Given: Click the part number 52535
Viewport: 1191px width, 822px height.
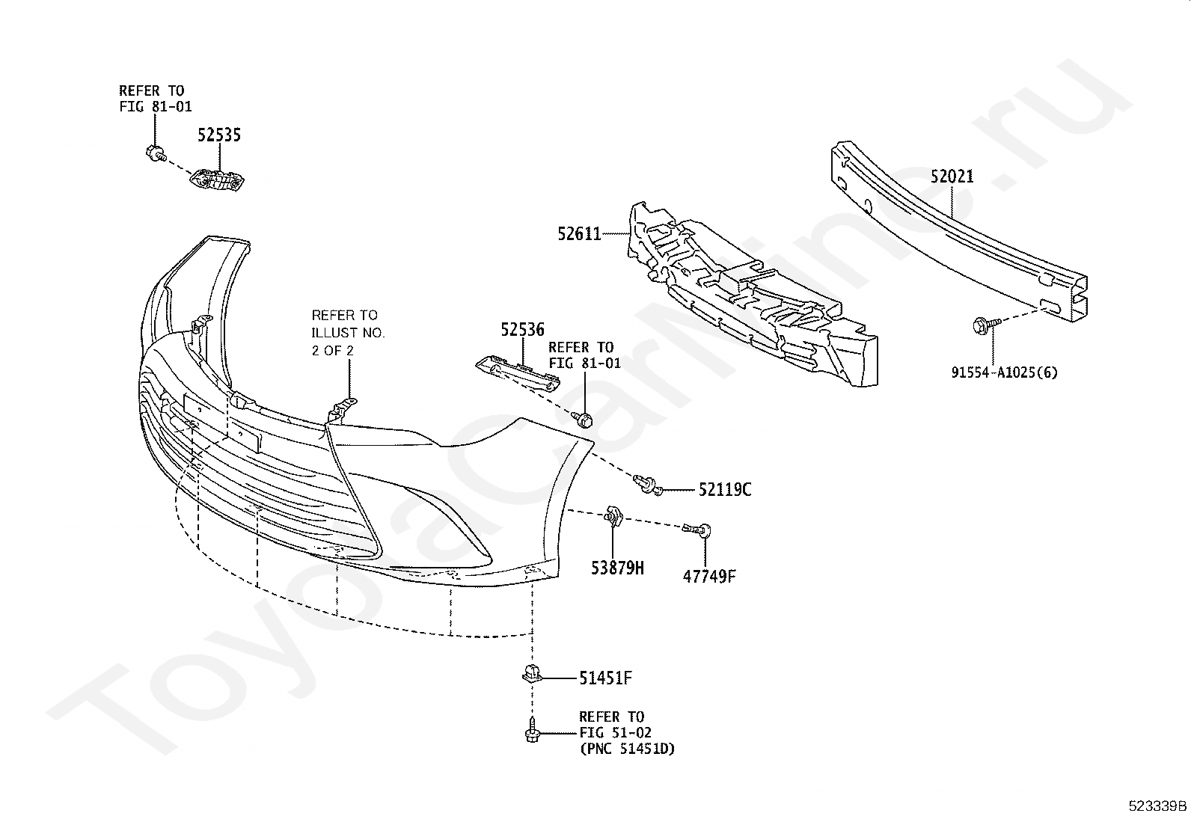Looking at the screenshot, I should [219, 135].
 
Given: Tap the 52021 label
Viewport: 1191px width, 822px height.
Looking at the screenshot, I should [952, 177].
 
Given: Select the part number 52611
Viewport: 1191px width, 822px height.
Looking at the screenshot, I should [579, 234].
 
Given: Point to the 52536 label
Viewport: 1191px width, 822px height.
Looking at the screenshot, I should [522, 330].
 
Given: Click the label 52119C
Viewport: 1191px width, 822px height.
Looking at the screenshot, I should [725, 490].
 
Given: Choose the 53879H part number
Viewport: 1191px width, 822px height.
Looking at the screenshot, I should [616, 568].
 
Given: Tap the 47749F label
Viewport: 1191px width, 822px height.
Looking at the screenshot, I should [708, 576].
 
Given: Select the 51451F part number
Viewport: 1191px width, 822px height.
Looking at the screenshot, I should [606, 678].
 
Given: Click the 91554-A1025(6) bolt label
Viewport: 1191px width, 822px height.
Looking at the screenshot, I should [1005, 372].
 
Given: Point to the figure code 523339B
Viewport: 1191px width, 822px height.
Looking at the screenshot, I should [1157, 806].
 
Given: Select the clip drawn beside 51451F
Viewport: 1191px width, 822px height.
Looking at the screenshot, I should [530, 675].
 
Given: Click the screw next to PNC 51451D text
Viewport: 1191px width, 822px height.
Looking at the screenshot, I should [532, 730].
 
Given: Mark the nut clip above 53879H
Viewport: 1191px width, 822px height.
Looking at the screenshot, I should [611, 516].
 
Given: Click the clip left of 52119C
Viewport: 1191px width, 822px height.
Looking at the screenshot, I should [646, 485].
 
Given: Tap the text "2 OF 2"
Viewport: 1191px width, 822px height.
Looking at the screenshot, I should [333, 349].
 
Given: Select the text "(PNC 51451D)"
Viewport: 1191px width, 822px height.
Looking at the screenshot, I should [626, 748].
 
